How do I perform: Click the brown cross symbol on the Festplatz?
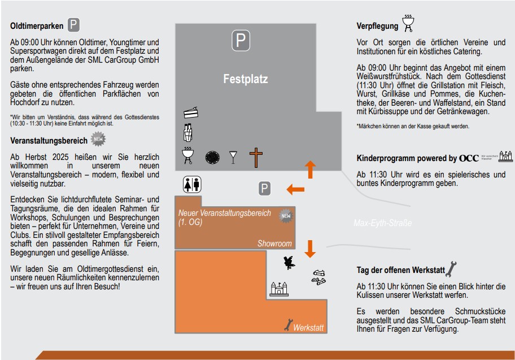(257, 158)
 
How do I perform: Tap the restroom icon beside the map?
(192, 184)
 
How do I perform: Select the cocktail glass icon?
(233, 157)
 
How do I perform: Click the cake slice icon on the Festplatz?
(191, 113)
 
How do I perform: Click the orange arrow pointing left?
(295, 189)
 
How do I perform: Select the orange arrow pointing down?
(310, 248)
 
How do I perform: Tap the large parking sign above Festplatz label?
(241, 41)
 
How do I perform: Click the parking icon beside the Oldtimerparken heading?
(74, 25)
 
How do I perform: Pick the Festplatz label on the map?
(245, 79)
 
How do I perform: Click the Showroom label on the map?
(274, 244)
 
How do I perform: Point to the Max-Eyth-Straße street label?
(382, 223)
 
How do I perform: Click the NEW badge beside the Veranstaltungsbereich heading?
(99, 139)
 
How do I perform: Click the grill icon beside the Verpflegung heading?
(408, 23)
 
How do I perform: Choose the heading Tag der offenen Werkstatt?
(400, 270)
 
